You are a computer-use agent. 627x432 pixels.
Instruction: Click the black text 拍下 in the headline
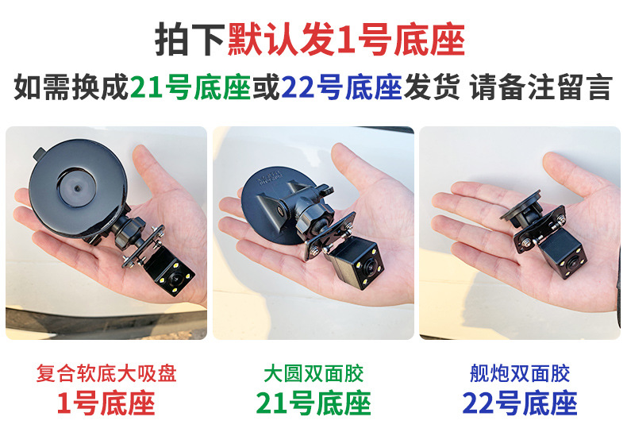(x=190, y=39)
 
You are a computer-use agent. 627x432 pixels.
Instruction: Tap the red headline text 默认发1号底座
(x=346, y=39)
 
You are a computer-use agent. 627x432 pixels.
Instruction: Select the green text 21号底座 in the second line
(x=190, y=87)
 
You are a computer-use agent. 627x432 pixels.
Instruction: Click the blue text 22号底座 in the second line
(x=341, y=87)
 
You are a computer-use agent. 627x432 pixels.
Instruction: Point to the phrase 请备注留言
(x=541, y=87)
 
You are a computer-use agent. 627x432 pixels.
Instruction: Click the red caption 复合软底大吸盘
(x=106, y=373)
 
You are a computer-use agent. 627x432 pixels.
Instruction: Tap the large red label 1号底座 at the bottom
(x=106, y=403)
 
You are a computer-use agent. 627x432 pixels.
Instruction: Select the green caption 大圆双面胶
(x=313, y=373)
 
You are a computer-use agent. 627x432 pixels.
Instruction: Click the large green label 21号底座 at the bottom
(x=313, y=403)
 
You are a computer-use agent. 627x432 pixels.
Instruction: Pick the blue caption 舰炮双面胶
(x=520, y=373)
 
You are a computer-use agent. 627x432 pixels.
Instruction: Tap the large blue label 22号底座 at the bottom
(x=520, y=403)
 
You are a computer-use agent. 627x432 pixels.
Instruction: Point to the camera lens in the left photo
(x=175, y=277)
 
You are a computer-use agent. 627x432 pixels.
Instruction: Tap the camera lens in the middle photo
(x=368, y=267)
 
